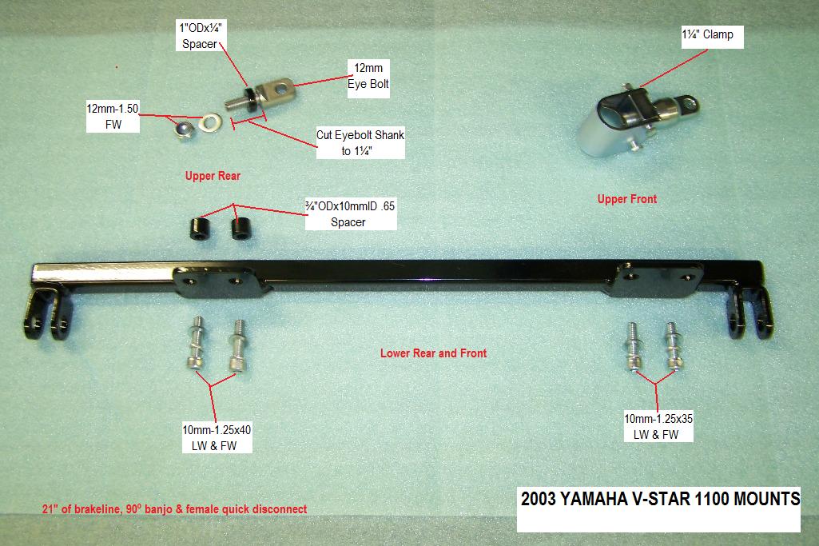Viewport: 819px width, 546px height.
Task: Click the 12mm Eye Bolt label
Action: click(368, 76)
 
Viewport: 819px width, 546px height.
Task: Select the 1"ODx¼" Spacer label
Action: click(201, 35)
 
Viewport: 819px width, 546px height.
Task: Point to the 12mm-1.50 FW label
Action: click(113, 117)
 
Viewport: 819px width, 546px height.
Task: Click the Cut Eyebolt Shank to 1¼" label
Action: click(360, 142)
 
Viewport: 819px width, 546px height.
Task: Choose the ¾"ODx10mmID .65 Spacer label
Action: click(350, 213)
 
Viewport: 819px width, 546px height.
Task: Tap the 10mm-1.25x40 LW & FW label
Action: click(217, 438)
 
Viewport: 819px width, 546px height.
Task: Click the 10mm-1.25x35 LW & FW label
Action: click(658, 426)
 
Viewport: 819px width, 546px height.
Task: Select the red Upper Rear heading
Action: click(213, 176)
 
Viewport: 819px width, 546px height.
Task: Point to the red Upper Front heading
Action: click(626, 199)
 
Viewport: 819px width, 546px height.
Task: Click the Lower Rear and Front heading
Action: click(433, 353)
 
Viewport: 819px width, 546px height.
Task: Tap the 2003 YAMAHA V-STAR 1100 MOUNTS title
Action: click(660, 499)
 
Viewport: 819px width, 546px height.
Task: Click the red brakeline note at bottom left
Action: click(174, 509)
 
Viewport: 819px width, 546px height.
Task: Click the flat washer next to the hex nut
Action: click(210, 122)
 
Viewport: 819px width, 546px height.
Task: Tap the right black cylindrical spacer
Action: click(241, 229)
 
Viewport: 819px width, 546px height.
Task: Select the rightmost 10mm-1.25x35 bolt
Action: click(673, 346)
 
